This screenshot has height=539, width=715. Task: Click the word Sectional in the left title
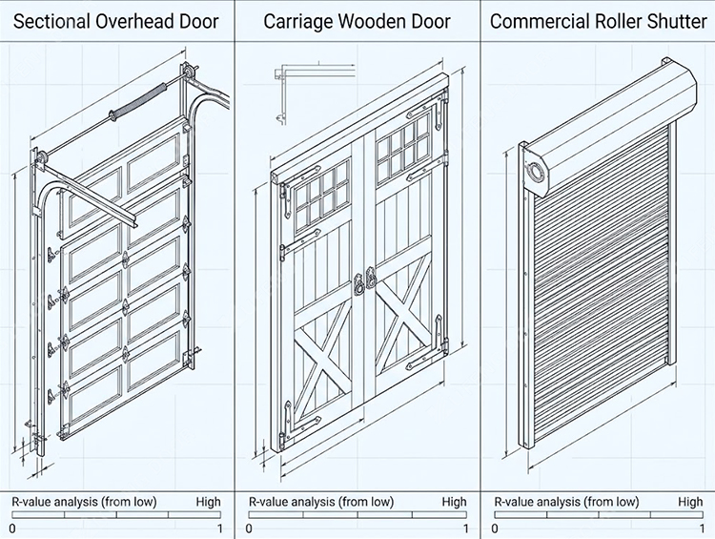pyautogui.click(x=51, y=21)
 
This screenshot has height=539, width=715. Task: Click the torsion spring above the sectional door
pyautogui.click(x=136, y=101)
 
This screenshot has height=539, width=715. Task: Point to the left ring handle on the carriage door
pyautogui.click(x=358, y=284)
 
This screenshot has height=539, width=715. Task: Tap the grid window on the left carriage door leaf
pyautogui.click(x=322, y=192)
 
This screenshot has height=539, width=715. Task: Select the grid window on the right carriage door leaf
pyautogui.click(x=403, y=144)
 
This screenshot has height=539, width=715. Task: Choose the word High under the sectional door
pyautogui.click(x=208, y=502)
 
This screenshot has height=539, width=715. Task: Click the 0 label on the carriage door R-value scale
pyautogui.click(x=249, y=529)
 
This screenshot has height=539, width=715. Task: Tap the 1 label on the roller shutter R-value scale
pyautogui.click(x=703, y=529)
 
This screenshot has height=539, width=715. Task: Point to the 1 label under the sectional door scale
pyautogui.click(x=220, y=529)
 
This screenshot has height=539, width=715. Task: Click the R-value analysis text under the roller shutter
pyautogui.click(x=566, y=502)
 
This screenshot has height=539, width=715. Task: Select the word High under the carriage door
pyautogui.click(x=454, y=502)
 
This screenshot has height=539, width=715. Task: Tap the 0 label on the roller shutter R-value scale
pyautogui.click(x=495, y=529)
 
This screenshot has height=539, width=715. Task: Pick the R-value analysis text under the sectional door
pyautogui.click(x=84, y=502)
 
